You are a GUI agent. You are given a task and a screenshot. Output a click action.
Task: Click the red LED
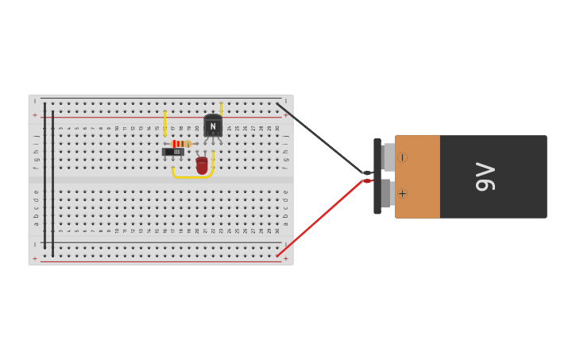[202, 165]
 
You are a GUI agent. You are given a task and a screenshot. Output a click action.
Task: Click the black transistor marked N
[212, 126]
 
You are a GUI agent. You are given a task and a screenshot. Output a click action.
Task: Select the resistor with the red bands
[180, 144]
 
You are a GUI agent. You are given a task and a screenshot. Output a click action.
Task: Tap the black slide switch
[173, 151]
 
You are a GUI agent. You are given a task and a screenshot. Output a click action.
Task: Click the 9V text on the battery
[485, 176]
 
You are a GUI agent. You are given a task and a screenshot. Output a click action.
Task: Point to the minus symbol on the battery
[402, 157]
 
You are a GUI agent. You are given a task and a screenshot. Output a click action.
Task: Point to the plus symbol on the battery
[402, 193]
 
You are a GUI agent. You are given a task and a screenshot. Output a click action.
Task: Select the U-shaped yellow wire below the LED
[192, 176]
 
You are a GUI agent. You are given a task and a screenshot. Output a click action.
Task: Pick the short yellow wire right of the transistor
[221, 109]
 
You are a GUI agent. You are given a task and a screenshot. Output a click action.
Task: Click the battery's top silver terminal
[389, 157]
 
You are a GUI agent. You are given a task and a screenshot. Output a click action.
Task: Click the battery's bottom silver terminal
[389, 193]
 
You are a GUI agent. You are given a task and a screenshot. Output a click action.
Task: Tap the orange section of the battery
[417, 176]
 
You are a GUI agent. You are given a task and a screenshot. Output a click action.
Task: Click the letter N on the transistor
[213, 126]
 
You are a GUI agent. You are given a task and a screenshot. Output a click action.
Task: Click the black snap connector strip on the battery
[377, 176]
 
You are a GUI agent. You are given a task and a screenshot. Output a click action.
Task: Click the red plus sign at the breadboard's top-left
[34, 115]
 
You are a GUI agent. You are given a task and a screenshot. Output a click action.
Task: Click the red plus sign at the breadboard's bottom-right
[286, 258]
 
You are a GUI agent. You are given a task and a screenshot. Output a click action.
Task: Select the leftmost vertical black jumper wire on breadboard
[44, 175]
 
